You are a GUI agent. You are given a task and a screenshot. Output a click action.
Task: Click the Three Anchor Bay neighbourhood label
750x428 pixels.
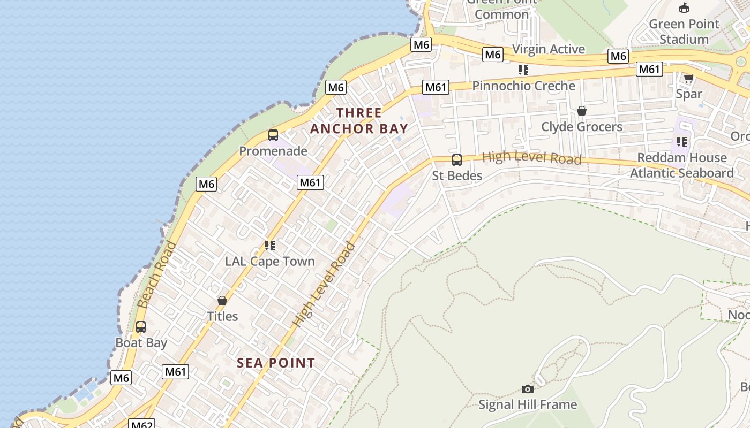point(359,121)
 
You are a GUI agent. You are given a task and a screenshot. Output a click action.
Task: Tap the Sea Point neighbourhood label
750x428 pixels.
point(276,363)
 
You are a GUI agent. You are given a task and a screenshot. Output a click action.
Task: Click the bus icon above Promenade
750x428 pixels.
point(273,135)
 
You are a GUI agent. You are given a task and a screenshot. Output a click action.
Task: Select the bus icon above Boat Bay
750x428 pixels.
point(141,326)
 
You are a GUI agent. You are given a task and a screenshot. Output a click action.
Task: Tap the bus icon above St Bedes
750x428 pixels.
point(457,159)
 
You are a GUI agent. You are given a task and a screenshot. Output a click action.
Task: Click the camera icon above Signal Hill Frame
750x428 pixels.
point(528,389)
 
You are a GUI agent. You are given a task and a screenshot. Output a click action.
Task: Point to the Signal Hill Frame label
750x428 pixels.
point(528,404)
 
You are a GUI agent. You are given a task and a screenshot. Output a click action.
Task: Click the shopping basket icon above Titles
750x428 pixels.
point(222,301)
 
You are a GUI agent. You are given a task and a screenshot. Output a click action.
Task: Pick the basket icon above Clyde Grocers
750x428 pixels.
point(582,111)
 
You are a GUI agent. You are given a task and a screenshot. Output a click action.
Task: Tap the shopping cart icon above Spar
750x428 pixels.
point(689,78)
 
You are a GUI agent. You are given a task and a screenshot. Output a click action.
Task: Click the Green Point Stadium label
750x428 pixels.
point(684,32)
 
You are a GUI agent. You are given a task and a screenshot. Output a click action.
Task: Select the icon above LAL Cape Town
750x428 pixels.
point(270,246)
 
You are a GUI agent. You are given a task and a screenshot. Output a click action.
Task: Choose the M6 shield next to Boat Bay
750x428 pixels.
point(121,378)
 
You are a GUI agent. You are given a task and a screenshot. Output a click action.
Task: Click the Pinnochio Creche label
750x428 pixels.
point(523,86)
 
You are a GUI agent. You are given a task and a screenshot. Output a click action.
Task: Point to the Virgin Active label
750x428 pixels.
point(549,49)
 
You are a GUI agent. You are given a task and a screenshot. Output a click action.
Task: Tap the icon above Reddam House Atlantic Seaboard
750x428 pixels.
point(682,142)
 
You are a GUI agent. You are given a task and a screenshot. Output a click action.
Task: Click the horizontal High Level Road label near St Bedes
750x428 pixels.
point(531,158)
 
